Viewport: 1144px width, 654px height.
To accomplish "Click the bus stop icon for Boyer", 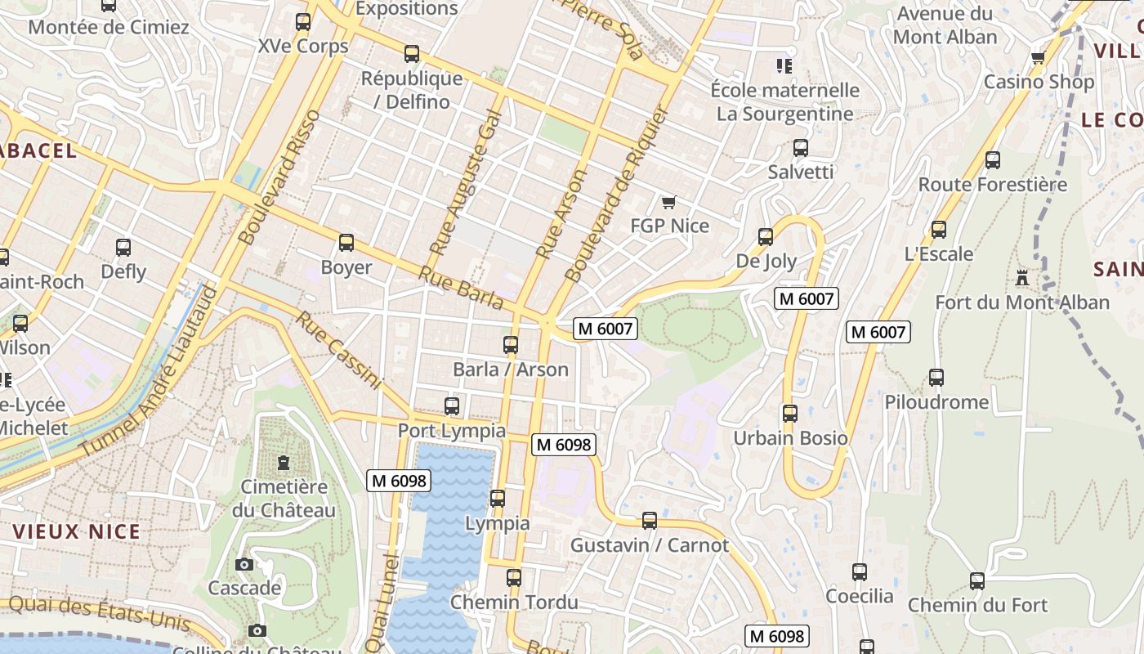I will point(346,243).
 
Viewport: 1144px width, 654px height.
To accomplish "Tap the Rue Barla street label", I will point(462,288).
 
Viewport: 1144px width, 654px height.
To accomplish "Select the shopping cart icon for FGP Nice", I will point(669,202).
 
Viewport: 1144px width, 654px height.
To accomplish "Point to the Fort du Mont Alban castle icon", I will point(1022,277).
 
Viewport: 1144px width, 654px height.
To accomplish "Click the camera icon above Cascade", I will point(244,564).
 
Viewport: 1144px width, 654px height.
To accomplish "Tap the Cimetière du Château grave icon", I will point(284,463).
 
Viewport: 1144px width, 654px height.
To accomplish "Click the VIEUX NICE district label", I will point(77,531).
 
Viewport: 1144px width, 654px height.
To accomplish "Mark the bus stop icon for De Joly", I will point(766,237).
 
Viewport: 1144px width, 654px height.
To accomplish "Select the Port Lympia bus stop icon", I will point(452,405).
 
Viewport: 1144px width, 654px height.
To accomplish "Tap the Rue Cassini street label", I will point(339,349).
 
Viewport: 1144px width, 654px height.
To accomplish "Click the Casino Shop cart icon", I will point(1038,57).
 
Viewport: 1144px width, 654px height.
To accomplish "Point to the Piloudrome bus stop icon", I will point(936,378).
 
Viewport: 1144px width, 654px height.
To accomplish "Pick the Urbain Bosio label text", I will point(790,437).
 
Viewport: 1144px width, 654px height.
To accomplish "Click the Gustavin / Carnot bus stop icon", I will point(650,520).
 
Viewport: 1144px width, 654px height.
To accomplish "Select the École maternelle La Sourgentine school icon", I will point(784,65).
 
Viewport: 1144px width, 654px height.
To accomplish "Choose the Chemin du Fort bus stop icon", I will point(977,581).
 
